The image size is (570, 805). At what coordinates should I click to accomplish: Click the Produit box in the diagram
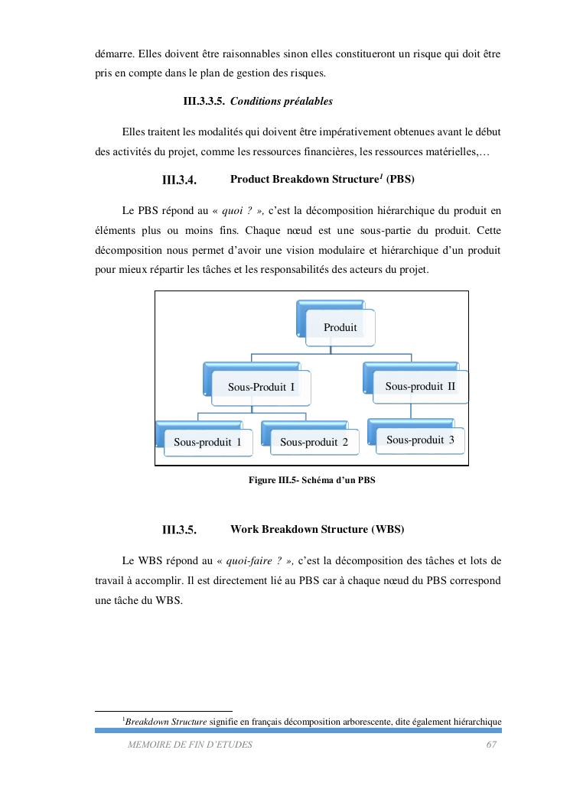(x=340, y=327)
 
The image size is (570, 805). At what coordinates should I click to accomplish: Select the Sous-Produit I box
(x=261, y=387)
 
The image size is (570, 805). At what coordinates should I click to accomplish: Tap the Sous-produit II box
(x=420, y=386)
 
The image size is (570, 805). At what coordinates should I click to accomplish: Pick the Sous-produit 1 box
(x=207, y=442)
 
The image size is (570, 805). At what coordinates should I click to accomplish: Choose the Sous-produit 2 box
(x=314, y=442)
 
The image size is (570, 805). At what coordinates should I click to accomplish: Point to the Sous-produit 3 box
(x=420, y=440)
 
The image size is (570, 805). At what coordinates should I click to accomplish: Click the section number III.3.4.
(x=180, y=180)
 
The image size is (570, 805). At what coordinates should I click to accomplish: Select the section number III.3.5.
(x=180, y=530)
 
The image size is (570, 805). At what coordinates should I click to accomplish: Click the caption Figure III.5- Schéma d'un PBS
(x=312, y=480)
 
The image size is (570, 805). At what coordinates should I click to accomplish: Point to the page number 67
(x=491, y=745)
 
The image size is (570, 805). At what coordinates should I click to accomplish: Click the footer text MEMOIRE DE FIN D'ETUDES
(x=190, y=745)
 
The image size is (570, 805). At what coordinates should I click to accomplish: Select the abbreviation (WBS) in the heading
(x=388, y=529)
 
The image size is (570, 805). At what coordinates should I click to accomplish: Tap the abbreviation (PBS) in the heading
(x=400, y=180)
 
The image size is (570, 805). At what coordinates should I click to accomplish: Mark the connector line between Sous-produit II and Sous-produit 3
(x=411, y=411)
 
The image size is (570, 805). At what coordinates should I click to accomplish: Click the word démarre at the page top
(x=113, y=55)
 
